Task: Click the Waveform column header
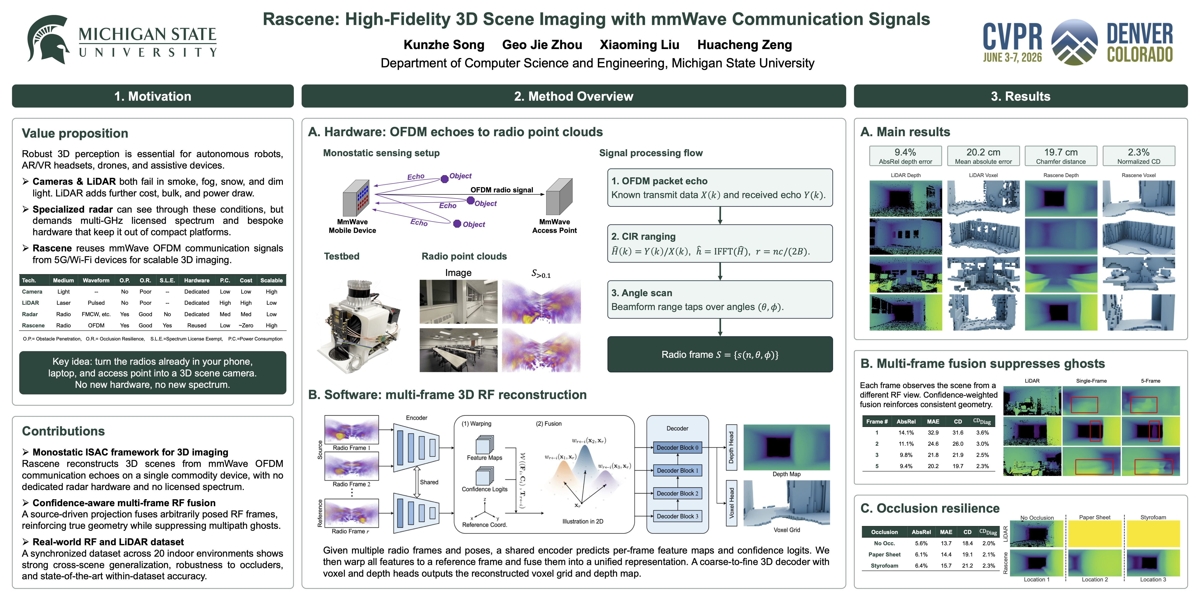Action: click(x=96, y=280)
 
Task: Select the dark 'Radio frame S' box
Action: click(x=720, y=355)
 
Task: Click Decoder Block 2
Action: click(x=677, y=493)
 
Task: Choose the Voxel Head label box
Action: click(x=731, y=503)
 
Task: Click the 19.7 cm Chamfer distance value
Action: click(x=1061, y=152)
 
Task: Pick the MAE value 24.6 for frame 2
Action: click(x=933, y=444)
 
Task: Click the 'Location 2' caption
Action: click(x=1095, y=580)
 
